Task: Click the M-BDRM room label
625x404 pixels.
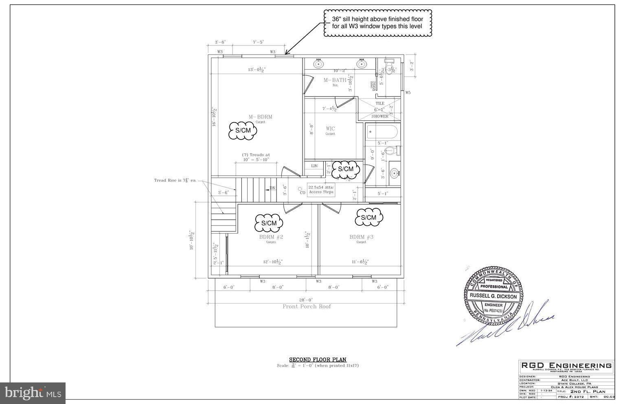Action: [260, 117]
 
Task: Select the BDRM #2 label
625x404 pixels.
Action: [271, 237]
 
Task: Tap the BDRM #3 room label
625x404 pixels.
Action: [361, 237]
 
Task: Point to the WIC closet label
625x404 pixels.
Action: [330, 129]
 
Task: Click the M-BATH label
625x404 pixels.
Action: [335, 80]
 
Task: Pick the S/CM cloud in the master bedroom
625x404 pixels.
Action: [243, 131]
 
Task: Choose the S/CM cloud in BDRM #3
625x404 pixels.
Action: [368, 217]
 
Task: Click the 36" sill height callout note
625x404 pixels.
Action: [377, 23]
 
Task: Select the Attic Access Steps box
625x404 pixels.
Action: [321, 190]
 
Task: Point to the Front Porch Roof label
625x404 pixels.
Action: [307, 306]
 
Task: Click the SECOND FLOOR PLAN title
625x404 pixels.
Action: [318, 360]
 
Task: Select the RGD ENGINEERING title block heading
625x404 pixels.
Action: [566, 365]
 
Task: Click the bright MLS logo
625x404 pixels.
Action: [33, 393]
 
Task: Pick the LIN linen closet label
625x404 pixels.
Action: [314, 166]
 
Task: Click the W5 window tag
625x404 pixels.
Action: [408, 93]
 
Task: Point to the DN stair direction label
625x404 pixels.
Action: [272, 188]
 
